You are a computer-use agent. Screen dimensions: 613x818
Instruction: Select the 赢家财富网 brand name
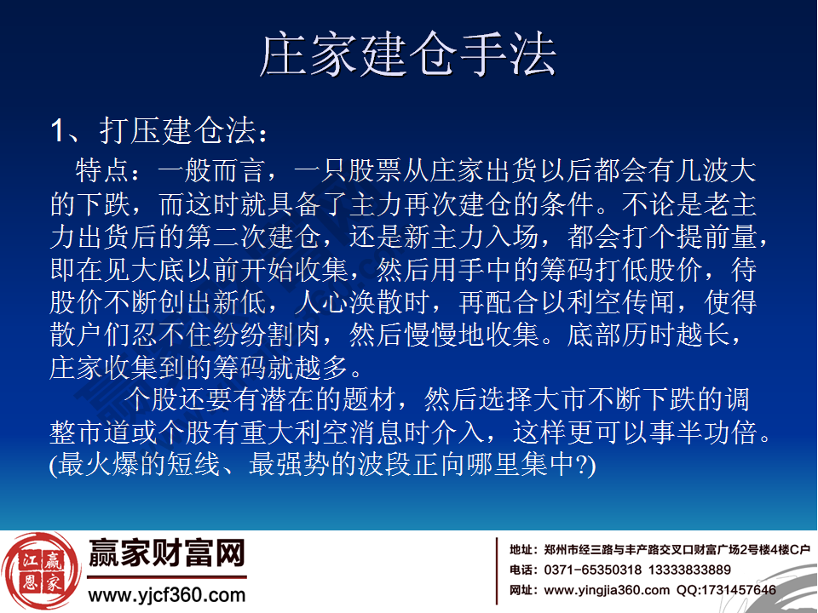click(167, 555)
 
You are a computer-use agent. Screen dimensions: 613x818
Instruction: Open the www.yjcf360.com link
click(167, 595)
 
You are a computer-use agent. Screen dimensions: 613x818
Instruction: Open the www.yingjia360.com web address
click(607, 590)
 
